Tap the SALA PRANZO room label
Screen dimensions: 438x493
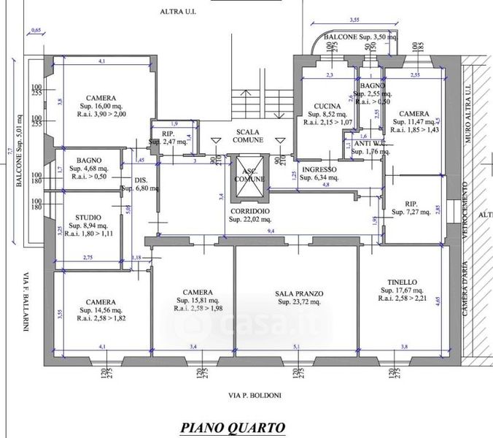tap(295, 293)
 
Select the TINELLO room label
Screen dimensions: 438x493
tap(402, 281)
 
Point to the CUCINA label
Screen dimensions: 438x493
tap(318, 106)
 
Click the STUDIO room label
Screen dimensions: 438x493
tap(82, 217)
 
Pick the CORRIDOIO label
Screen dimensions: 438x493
tap(249, 211)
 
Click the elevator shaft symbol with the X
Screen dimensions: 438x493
tap(249, 179)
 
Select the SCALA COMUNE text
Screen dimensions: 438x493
tap(247, 137)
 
